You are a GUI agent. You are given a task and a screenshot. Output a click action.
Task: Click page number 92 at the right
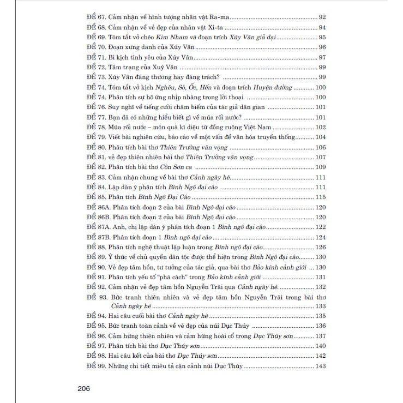coord(322,17)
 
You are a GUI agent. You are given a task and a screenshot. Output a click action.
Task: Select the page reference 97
coord(322,58)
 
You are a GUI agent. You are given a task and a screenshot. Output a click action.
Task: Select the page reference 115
coord(320,197)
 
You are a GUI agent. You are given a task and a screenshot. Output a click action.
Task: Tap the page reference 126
coord(320,247)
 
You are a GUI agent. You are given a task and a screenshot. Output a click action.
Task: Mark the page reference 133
coord(320,306)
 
